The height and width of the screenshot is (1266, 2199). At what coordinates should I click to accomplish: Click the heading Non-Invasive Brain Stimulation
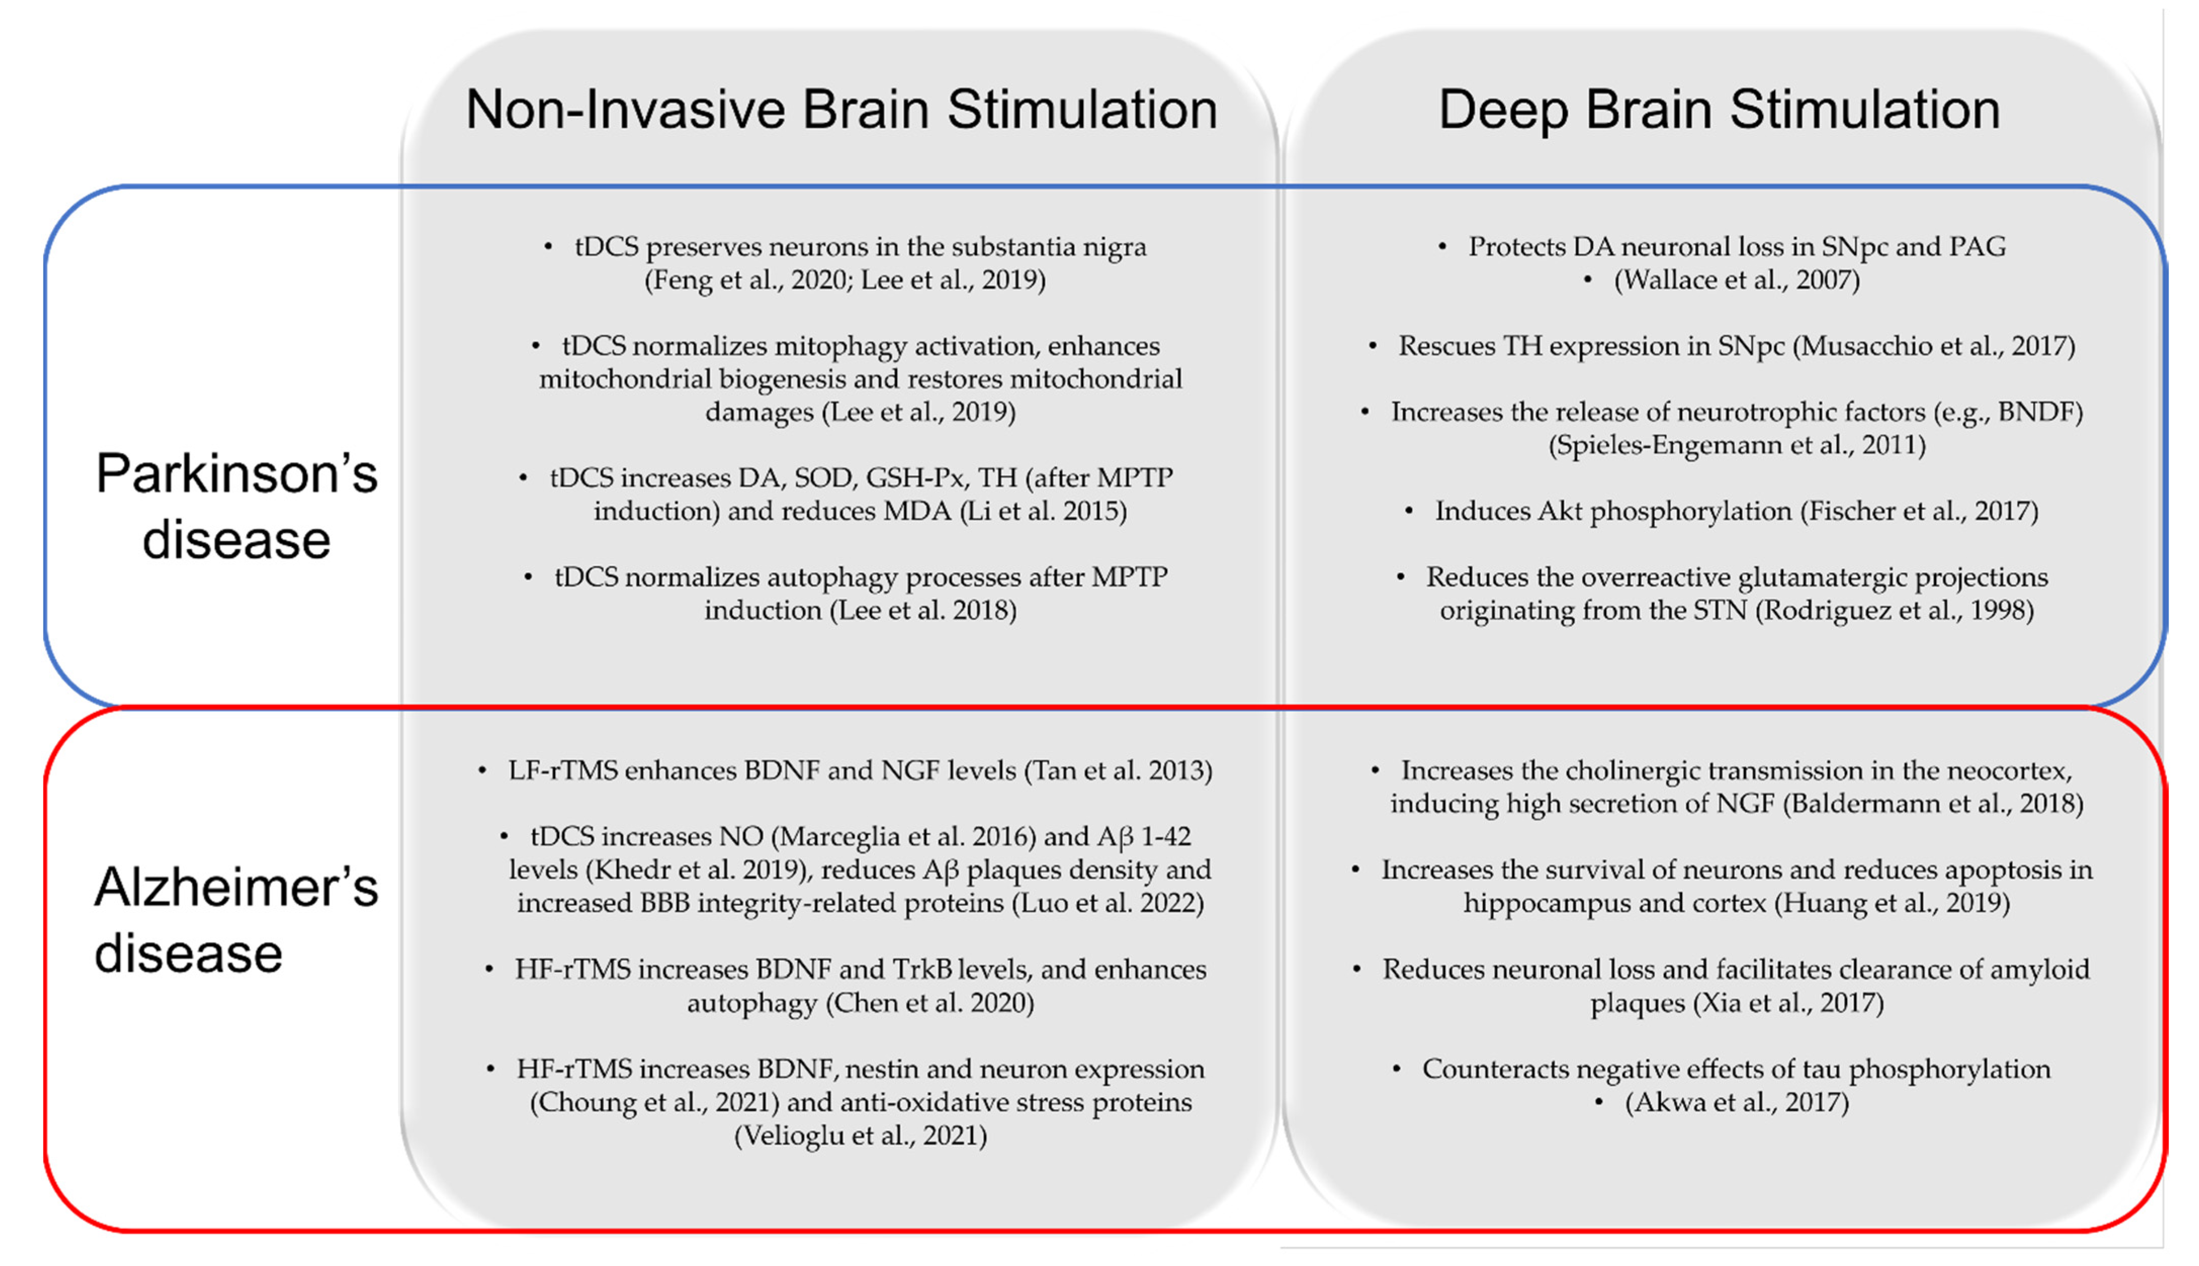coord(841,110)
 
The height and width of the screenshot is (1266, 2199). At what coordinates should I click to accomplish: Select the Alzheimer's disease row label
coord(237,920)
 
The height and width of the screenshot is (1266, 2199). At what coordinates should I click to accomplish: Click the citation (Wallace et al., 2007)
coord(1736,280)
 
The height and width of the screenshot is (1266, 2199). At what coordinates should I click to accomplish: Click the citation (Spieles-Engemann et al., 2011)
coord(1736,445)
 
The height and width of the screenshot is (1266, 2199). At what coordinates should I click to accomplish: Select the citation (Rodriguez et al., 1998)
coord(1895,610)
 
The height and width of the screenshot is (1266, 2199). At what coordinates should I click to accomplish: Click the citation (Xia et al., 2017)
coord(1788,1004)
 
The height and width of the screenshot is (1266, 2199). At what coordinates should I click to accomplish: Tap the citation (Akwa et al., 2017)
coord(1736,1103)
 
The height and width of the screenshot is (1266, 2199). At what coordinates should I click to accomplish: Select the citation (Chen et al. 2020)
coord(930,1004)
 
